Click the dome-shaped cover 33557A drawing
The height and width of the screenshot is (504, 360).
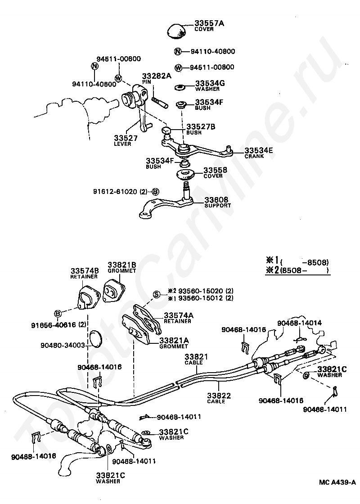tap(179, 31)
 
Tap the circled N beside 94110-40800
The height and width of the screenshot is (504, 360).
tap(178, 51)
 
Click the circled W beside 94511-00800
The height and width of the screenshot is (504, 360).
tap(178, 67)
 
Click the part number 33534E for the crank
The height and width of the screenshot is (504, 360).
tap(259, 150)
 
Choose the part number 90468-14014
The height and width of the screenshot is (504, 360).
tap(299, 323)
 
